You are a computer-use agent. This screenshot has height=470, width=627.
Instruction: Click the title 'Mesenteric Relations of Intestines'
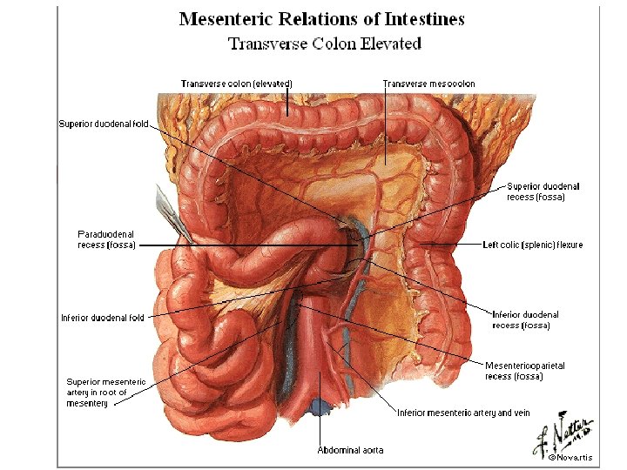point(321,19)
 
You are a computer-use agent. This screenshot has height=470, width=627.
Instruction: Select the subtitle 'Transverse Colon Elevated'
point(324,43)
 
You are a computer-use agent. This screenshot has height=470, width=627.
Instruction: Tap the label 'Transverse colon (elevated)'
point(236,84)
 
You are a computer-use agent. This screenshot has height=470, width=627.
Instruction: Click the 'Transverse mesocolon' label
point(429,84)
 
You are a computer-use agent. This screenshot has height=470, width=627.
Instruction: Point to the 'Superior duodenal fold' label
point(103,124)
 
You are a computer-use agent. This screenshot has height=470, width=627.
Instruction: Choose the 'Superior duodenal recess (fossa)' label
point(543,191)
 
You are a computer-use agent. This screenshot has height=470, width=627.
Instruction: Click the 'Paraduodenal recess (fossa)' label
point(106,239)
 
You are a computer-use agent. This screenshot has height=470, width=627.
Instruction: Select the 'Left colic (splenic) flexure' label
point(532,245)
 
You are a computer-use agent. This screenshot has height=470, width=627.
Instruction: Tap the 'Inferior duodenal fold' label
point(102,318)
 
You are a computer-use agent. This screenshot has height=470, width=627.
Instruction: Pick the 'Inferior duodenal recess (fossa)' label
point(525,319)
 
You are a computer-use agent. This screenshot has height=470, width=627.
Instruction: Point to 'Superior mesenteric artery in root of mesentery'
point(107,393)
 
